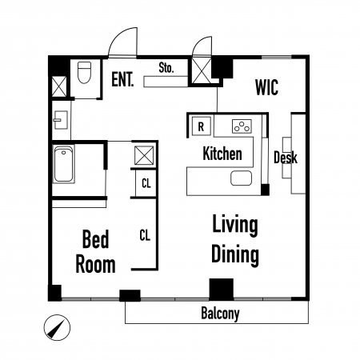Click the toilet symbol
pyautogui.click(x=84, y=72)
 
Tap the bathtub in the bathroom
pyautogui.click(x=63, y=164)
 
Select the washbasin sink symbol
pyautogui.click(x=61, y=120)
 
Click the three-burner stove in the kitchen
pyautogui.click(x=242, y=126)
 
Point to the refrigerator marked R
pyautogui.click(x=202, y=126)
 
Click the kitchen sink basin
pyautogui.click(x=241, y=178)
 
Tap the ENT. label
pyautogui.click(x=122, y=79)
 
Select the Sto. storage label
pyautogui.click(x=166, y=68)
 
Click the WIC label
pyautogui.click(x=266, y=87)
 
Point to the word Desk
pyautogui.click(x=286, y=158)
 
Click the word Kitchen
pyautogui.click(x=222, y=154)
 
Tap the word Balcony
pyautogui.click(x=220, y=314)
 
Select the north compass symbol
pyautogui.click(x=57, y=327)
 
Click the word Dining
pyautogui.click(x=235, y=254)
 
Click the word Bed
pyautogui.click(x=96, y=239)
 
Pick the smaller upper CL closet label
pyautogui.click(x=146, y=183)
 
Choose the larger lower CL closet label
pyautogui.click(x=145, y=235)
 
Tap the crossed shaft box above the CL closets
pyautogui.click(x=144, y=155)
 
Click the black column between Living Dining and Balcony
pyautogui.click(x=222, y=290)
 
